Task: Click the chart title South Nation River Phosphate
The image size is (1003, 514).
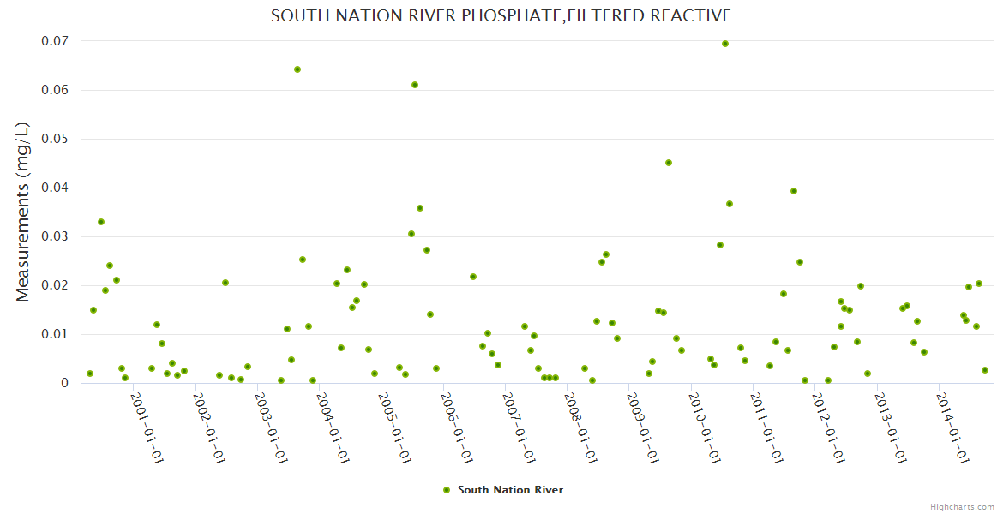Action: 501,16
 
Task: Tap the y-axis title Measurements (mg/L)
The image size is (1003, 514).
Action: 23,212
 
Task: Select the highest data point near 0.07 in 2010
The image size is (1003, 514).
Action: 725,44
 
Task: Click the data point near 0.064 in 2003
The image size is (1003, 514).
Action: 297,69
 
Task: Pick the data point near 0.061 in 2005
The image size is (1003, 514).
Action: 415,85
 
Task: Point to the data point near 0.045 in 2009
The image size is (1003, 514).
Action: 669,163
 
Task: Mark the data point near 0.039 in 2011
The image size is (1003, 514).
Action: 794,191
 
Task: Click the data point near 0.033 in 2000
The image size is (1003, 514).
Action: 101,222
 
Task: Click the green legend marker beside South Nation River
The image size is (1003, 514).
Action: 446,490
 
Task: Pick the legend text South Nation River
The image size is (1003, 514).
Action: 510,490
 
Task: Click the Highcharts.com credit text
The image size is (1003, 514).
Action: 962,506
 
